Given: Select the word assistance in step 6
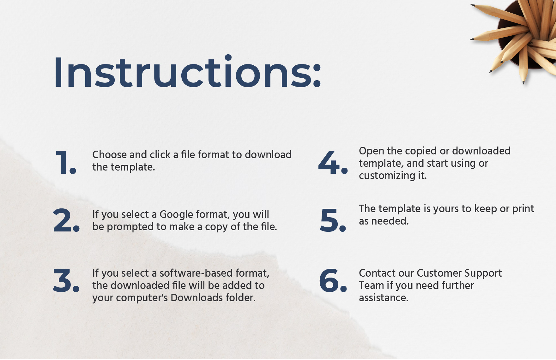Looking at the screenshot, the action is [384, 298].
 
